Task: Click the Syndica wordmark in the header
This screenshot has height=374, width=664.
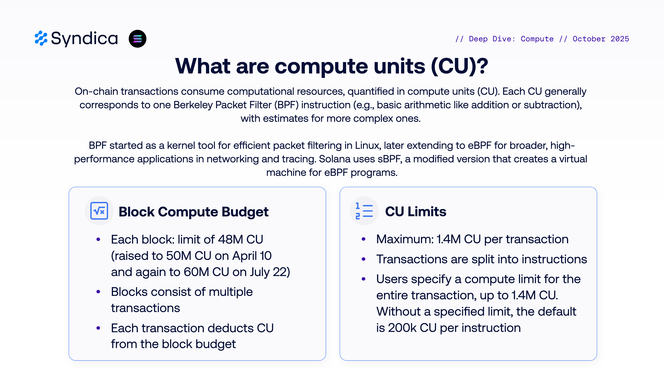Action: click(x=84, y=39)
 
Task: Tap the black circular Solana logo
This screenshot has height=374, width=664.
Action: click(x=137, y=39)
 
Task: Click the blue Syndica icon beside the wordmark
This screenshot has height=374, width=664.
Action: click(x=41, y=38)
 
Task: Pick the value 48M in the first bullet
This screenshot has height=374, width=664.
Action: click(x=230, y=239)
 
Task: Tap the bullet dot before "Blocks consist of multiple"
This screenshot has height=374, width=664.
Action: click(x=98, y=292)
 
